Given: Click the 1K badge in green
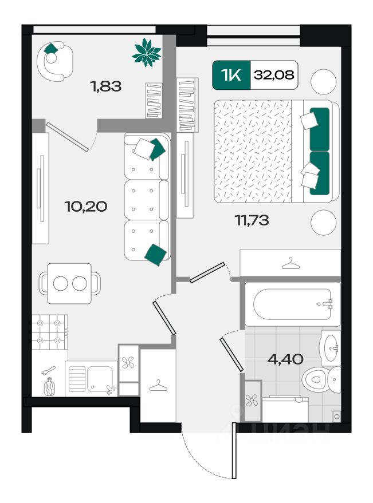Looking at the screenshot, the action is pyautogui.click(x=231, y=75).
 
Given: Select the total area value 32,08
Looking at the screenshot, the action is pyautogui.click(x=274, y=75).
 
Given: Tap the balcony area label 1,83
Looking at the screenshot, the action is pyautogui.click(x=106, y=86).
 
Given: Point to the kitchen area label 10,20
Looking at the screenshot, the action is pyautogui.click(x=86, y=206).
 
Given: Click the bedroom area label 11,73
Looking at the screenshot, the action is pyautogui.click(x=252, y=220).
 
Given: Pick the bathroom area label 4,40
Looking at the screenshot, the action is pyautogui.click(x=285, y=359).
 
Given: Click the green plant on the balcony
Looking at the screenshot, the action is pyautogui.click(x=147, y=52).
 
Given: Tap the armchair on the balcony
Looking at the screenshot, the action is pyautogui.click(x=55, y=61).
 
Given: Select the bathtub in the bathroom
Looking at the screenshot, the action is pyautogui.click(x=292, y=304).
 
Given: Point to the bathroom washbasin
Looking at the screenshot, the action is pyautogui.click(x=330, y=347).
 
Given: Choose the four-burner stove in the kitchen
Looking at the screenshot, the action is pyautogui.click(x=49, y=332).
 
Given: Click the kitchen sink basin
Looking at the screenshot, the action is pyautogui.click(x=100, y=379).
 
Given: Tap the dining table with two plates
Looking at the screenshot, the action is pyautogui.click(x=69, y=283).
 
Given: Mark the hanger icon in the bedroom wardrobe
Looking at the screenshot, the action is pyautogui.click(x=290, y=264).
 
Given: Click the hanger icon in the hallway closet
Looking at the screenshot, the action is pyautogui.click(x=158, y=385).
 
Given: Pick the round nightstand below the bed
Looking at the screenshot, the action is pyautogui.click(x=324, y=223).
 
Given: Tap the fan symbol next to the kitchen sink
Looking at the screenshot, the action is pyautogui.click(x=128, y=363).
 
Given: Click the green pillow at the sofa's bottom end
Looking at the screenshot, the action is pyautogui.click(x=156, y=255).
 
